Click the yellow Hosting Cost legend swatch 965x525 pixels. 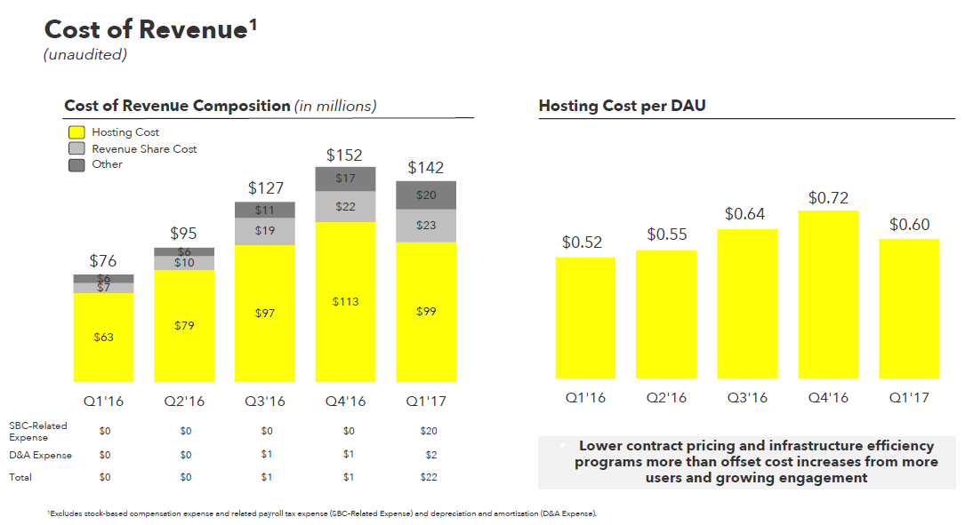click(76, 132)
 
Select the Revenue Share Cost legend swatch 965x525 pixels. click(76, 148)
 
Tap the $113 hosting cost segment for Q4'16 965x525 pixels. click(345, 302)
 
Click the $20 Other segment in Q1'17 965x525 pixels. click(426, 195)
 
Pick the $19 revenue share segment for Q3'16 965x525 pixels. click(265, 230)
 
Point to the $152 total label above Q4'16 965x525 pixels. click(344, 155)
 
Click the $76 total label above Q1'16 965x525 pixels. click(103, 261)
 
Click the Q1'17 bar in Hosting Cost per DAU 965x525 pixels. click(909, 308)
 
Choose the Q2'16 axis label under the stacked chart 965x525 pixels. click(184, 402)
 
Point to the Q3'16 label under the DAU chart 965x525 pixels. click(746, 397)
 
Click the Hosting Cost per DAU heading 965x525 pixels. click(622, 107)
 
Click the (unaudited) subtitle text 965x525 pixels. click(85, 55)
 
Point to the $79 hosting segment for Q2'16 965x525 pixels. click(184, 326)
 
